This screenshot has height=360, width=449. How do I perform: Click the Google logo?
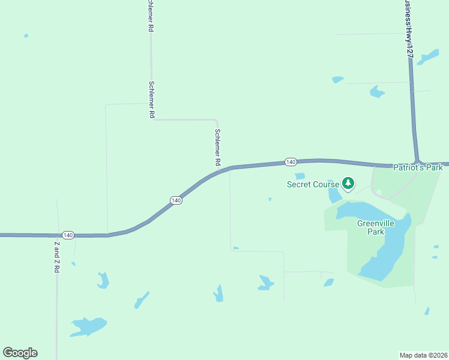20,353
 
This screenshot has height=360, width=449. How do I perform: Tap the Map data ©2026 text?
424,355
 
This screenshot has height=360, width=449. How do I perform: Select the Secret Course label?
313,184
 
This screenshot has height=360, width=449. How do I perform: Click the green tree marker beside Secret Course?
348,183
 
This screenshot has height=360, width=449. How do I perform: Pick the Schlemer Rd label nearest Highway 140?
217,147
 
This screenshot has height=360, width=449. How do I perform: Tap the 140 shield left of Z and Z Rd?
68,235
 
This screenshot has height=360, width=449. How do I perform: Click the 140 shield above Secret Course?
291,162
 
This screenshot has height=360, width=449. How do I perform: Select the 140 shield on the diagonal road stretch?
175,200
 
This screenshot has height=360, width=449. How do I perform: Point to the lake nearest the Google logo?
88,326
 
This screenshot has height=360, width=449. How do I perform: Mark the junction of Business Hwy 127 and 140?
417,163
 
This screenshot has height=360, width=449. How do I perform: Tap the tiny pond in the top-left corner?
26,36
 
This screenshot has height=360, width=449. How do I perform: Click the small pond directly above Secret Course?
300,176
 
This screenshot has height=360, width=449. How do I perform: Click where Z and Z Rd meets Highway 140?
58,235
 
